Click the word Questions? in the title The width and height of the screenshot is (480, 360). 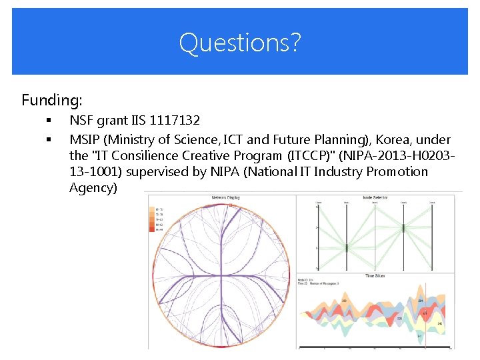tap(240, 43)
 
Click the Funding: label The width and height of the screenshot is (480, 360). tap(52, 101)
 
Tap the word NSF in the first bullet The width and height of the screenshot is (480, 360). tap(81, 121)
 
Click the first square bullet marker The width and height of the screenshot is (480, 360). tap(49, 121)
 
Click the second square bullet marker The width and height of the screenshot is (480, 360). tap(49, 140)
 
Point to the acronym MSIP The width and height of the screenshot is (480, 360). tap(85, 140)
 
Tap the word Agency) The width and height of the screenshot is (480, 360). tap(93, 188)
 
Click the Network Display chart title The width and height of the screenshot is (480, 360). tap(225, 198)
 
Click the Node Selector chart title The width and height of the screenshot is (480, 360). tap(377, 198)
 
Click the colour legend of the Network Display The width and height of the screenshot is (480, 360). tap(159, 219)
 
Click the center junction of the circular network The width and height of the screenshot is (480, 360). tap(221, 274)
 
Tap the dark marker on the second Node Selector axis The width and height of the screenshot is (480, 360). tap(347, 248)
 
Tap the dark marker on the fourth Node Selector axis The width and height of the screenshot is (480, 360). tap(403, 227)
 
